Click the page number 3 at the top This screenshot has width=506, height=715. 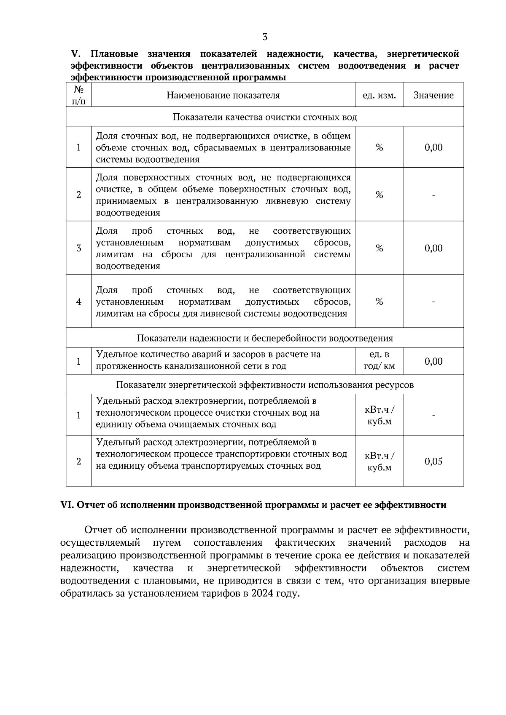pyautogui.click(x=265, y=37)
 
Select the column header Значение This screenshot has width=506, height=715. pyautogui.click(x=433, y=95)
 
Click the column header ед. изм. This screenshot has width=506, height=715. pyautogui.click(x=379, y=95)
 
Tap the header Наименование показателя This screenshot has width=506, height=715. pyautogui.click(x=223, y=95)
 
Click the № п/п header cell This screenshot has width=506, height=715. pyautogui.click(x=78, y=95)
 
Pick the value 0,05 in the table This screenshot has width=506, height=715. pyautogui.click(x=433, y=461)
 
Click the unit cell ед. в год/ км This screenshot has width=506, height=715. pyautogui.click(x=379, y=360)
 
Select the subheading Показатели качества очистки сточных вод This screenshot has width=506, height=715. pyautogui.click(x=265, y=117)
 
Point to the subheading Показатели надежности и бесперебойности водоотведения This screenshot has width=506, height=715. pyautogui.click(x=265, y=338)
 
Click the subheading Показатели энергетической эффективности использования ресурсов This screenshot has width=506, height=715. pyautogui.click(x=265, y=385)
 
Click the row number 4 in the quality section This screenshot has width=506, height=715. pyautogui.click(x=78, y=302)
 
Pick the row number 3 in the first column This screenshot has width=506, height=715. pyautogui.click(x=78, y=248)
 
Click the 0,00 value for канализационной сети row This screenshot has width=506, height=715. pyautogui.click(x=433, y=361)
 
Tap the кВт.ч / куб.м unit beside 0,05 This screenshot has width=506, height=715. pyautogui.click(x=379, y=462)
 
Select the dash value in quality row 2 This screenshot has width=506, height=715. pyautogui.click(x=433, y=195)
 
